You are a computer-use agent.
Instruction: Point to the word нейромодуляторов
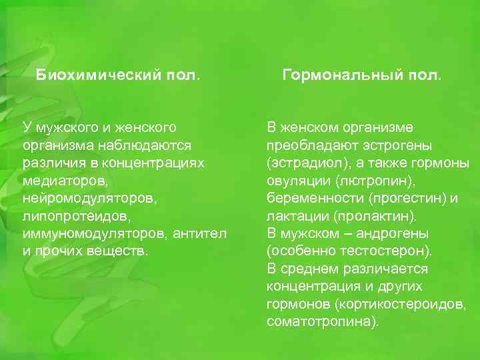(84, 199)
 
